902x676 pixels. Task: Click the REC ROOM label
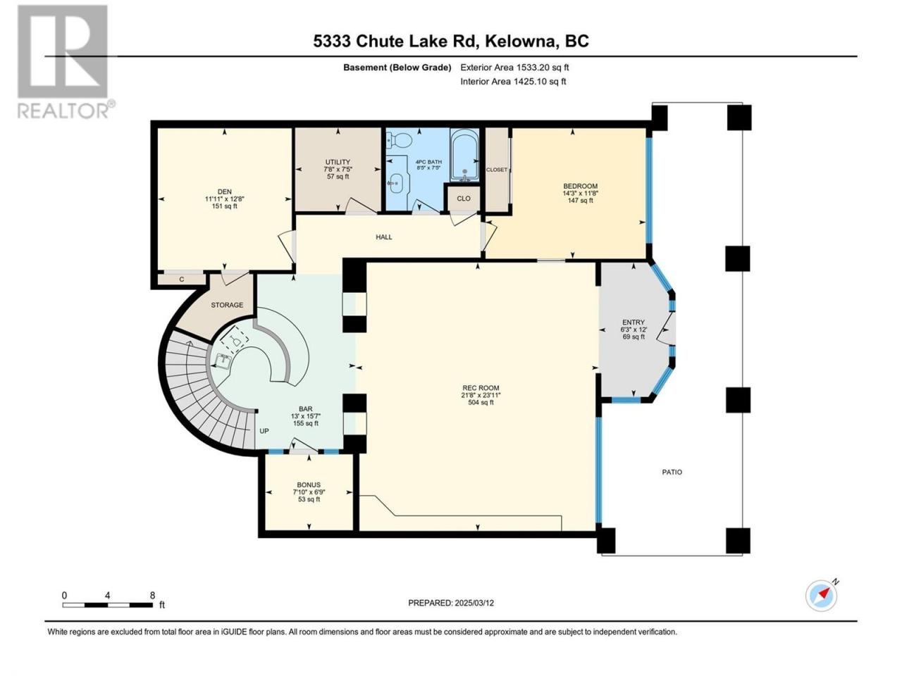[481, 387]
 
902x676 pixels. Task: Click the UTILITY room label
[338, 162]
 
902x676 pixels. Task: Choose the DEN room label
[224, 192]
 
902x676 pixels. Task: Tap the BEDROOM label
[580, 186]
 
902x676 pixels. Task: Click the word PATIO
[672, 472]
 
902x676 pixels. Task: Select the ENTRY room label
[634, 323]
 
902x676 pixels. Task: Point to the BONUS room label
[309, 484]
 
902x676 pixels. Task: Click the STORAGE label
[227, 305]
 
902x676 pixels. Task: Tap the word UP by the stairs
[264, 431]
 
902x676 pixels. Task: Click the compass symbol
[822, 596]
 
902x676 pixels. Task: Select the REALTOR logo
[66, 61]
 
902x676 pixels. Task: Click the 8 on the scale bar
[152, 596]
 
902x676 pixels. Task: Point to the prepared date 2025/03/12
[474, 603]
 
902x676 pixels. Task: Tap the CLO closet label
[464, 199]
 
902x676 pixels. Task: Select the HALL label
[384, 237]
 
